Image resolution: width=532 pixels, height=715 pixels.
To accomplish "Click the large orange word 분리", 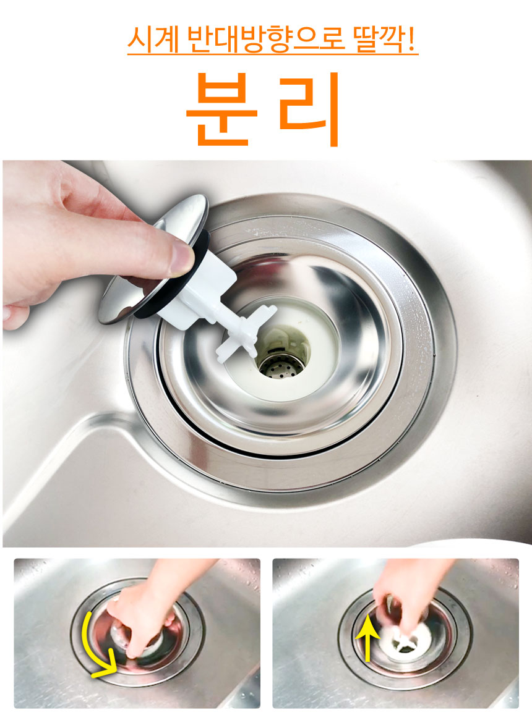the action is coord(264,109).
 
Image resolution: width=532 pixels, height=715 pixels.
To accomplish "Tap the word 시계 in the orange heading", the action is coord(153,40).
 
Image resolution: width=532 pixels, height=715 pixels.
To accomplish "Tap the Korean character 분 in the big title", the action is coord(222,109).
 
